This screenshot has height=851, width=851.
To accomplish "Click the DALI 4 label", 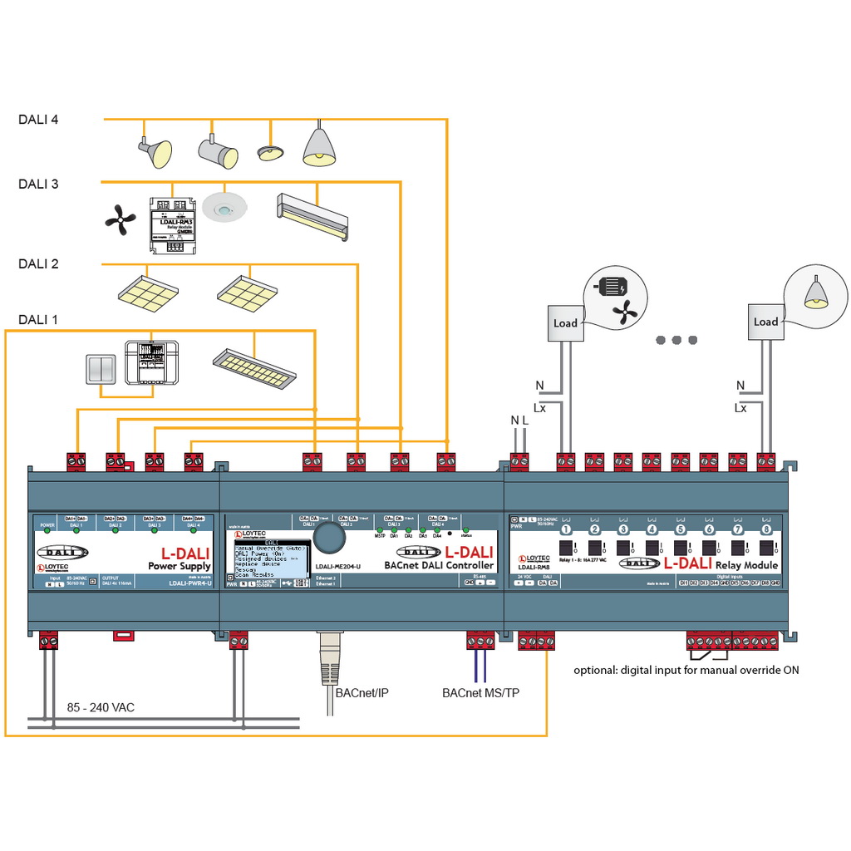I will (38, 120).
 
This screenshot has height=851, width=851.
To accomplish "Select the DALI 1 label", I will (38, 320).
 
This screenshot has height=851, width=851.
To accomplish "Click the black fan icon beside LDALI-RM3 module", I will (121, 219).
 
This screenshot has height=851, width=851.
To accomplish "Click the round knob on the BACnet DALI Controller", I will (331, 538).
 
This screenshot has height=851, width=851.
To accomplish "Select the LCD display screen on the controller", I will (271, 562).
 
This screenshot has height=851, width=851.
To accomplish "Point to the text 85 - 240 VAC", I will (101, 708).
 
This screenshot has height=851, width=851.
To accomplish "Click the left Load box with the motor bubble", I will (565, 323).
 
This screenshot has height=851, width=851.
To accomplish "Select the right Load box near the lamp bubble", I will (765, 322).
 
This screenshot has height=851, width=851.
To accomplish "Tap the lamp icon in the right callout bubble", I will (815, 292).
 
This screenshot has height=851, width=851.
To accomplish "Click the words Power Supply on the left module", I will (179, 566).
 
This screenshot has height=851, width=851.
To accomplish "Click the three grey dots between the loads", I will (676, 339).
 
